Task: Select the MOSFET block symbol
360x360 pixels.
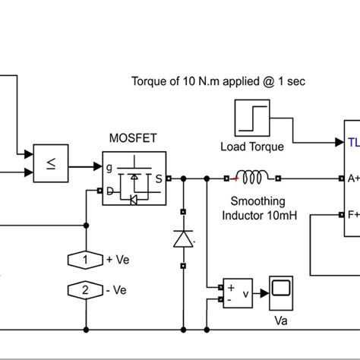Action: [134, 178]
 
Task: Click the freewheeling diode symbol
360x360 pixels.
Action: [183, 238]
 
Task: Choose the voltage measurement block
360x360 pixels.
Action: [235, 292]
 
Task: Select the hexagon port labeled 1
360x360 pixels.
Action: [86, 260]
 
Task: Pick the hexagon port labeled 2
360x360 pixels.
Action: [86, 290]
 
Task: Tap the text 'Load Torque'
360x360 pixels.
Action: [251, 147]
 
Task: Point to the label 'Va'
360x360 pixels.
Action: [280, 320]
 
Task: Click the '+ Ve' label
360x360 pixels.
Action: [118, 260]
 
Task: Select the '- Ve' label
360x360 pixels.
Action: [118, 290]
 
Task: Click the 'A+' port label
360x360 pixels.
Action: [352, 179]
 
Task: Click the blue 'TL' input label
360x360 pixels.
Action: [353, 141]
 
